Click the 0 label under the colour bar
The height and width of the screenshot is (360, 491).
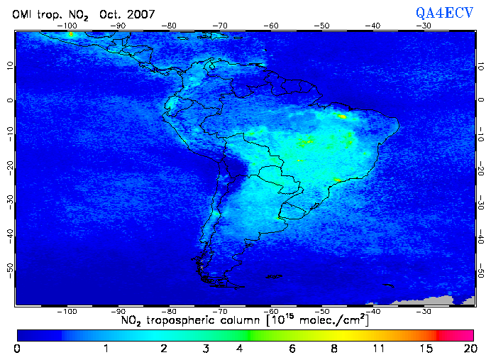click(x=16, y=349)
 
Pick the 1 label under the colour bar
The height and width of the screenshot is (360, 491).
click(x=106, y=349)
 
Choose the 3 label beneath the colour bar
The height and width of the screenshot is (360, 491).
click(x=206, y=349)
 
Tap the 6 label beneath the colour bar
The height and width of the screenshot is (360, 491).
click(x=292, y=349)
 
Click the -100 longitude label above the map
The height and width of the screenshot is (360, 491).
click(x=68, y=26)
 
